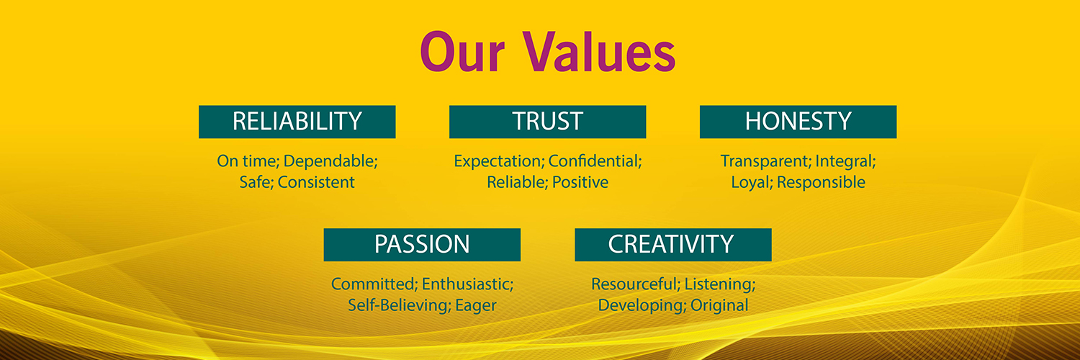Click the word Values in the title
pos(599,52)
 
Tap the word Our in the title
pos(462,52)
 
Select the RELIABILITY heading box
pos(297,122)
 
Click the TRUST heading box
pos(548,122)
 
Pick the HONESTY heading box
pos(798,122)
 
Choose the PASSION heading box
pos(422,245)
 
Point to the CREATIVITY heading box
pos(673,245)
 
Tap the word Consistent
pos(316,182)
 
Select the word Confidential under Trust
pos(595,161)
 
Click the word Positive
pos(580,182)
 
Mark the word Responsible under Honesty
pos(821,183)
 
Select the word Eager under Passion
pos(476,306)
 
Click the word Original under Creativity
pos(719,306)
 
